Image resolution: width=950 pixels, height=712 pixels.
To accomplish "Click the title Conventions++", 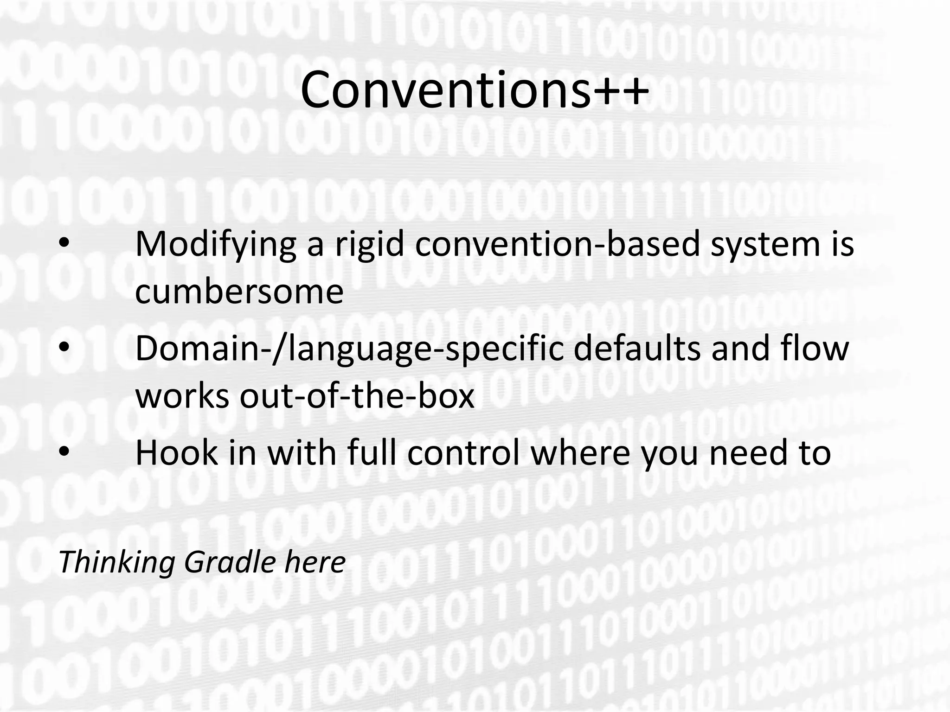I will click(474, 89).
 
